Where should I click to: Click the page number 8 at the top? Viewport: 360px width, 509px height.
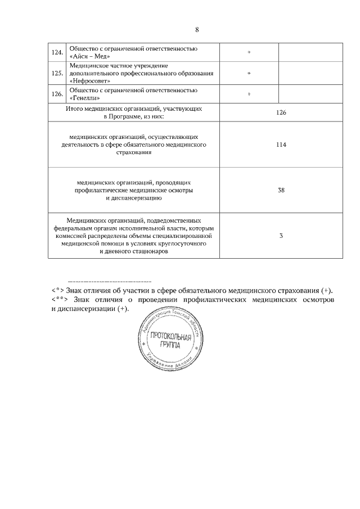(197, 29)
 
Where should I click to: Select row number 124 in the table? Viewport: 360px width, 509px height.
(56, 52)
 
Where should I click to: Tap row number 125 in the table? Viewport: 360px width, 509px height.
(56, 73)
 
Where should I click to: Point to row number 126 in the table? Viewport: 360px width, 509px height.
(56, 94)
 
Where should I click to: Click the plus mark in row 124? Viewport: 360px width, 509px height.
(249, 52)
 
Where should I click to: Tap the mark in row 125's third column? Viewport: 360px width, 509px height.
(249, 73)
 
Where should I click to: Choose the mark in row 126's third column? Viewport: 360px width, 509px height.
(249, 94)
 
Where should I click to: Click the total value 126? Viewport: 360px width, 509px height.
(281, 112)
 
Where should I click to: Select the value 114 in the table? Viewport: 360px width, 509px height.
(281, 145)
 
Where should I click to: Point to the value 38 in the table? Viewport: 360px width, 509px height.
(281, 190)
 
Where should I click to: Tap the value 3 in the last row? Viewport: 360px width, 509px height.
(281, 236)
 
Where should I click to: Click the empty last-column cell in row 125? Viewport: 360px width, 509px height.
(295, 73)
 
